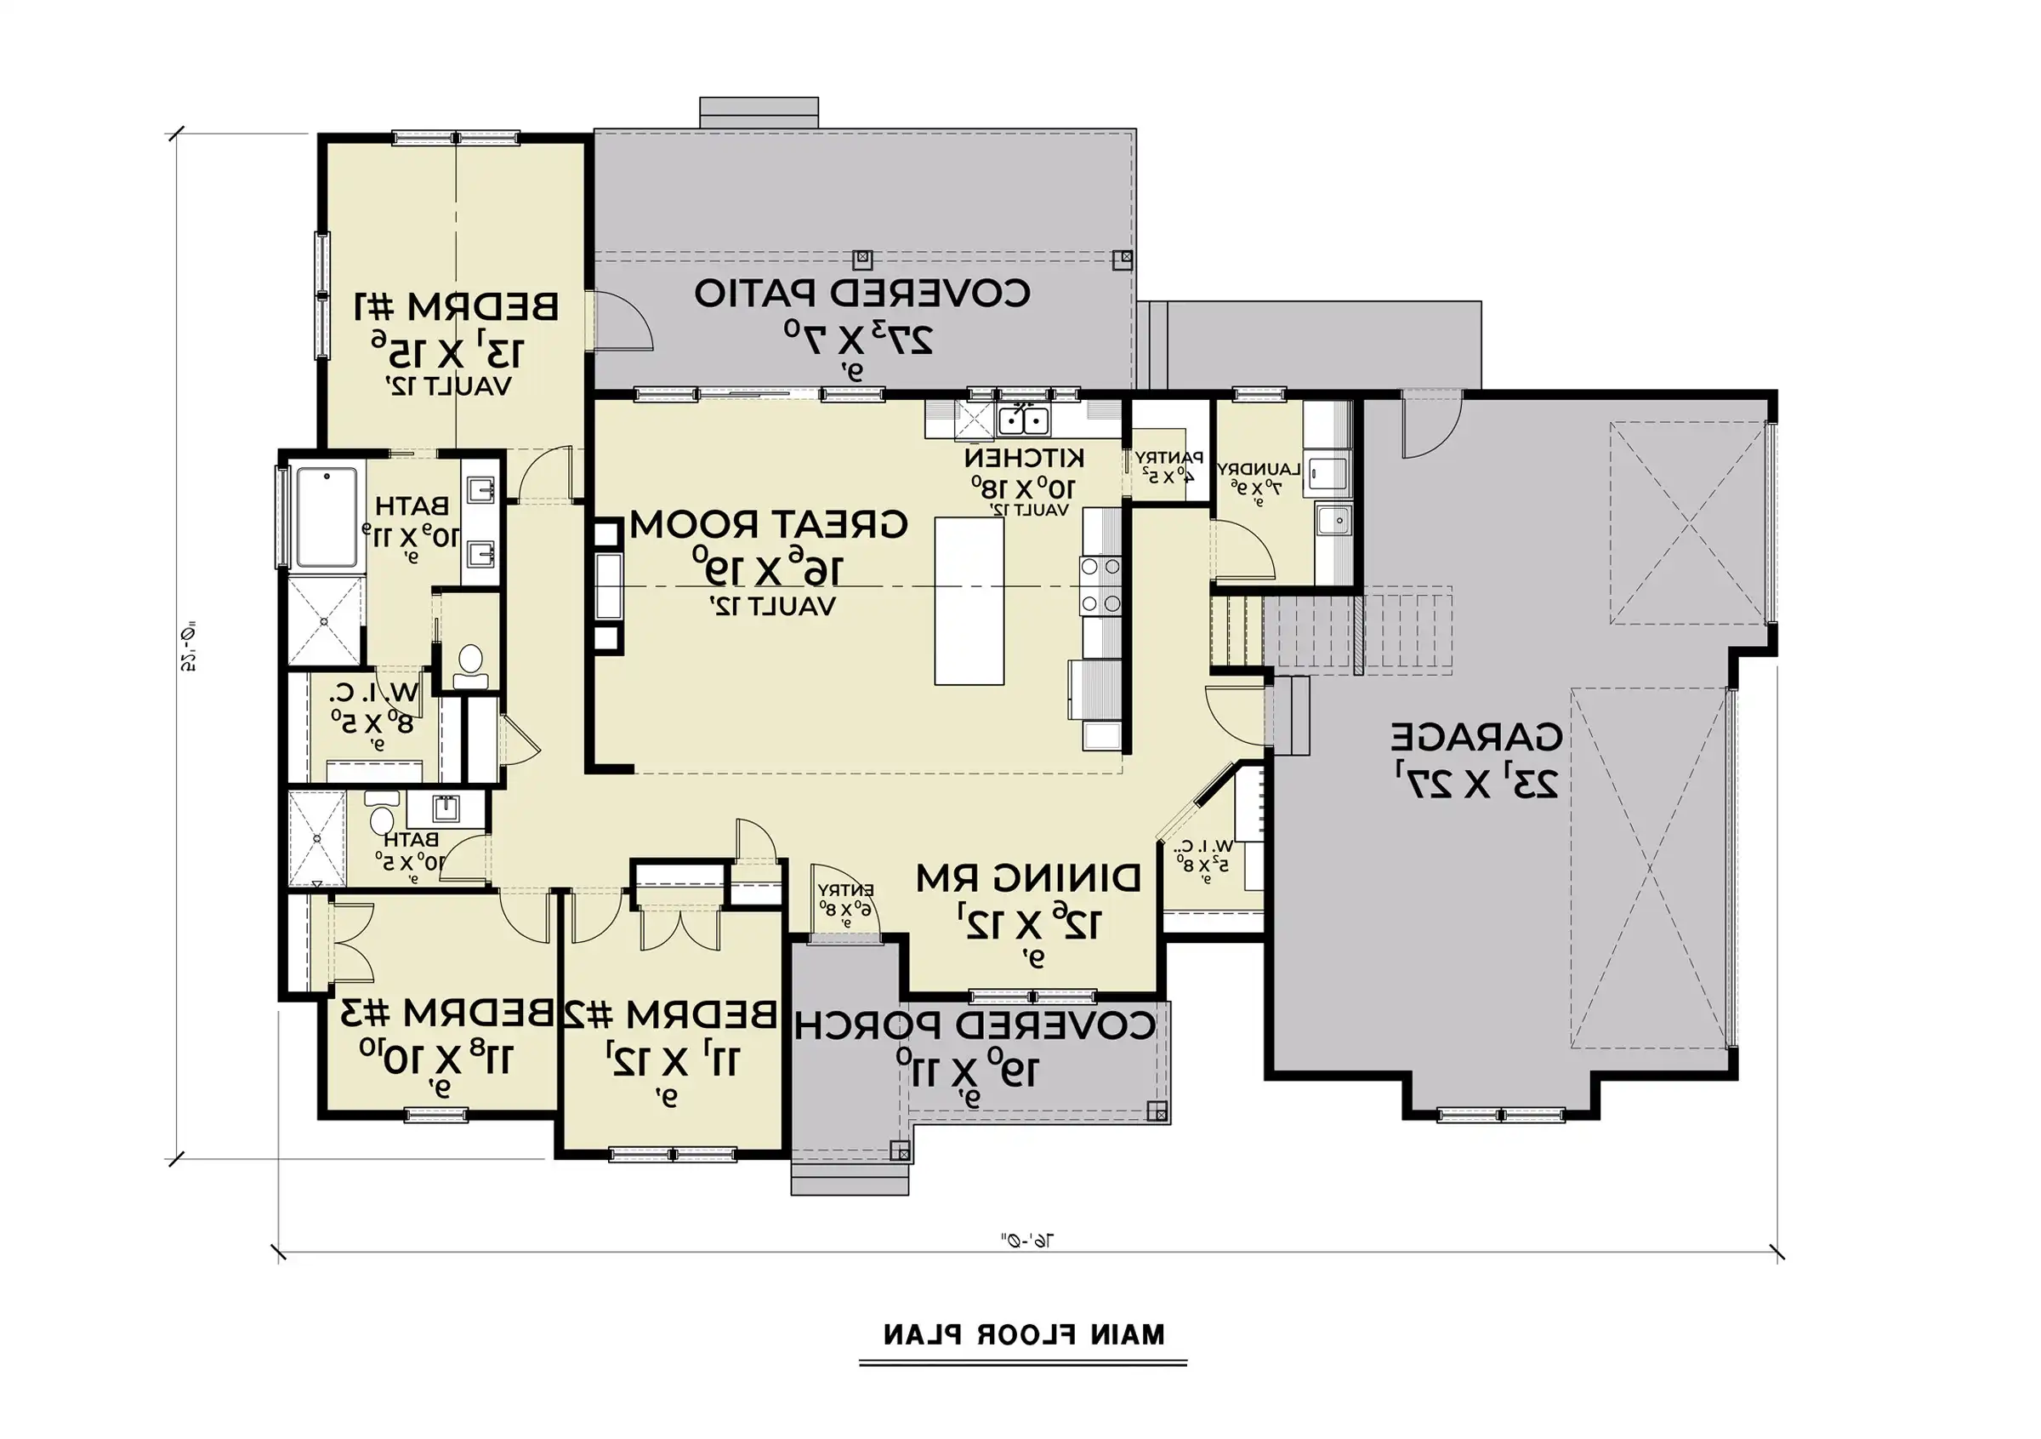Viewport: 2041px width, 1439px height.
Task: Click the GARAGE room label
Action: [1475, 737]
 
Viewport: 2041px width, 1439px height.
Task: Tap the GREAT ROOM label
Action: [769, 525]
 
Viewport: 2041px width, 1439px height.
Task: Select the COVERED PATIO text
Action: [862, 293]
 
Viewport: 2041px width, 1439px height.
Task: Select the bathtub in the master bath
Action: [327, 517]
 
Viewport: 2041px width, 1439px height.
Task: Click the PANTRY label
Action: [1169, 459]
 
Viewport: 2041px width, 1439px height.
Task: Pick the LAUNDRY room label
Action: [1259, 469]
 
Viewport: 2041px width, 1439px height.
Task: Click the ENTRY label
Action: [846, 890]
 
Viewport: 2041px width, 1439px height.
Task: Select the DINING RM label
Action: [1028, 879]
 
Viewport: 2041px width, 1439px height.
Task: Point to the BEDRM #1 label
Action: [457, 307]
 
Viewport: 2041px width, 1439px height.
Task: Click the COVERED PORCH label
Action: [975, 1025]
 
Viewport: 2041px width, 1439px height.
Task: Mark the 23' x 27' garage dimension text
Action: [1475, 784]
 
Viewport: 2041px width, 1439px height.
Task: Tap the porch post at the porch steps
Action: [900, 1151]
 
